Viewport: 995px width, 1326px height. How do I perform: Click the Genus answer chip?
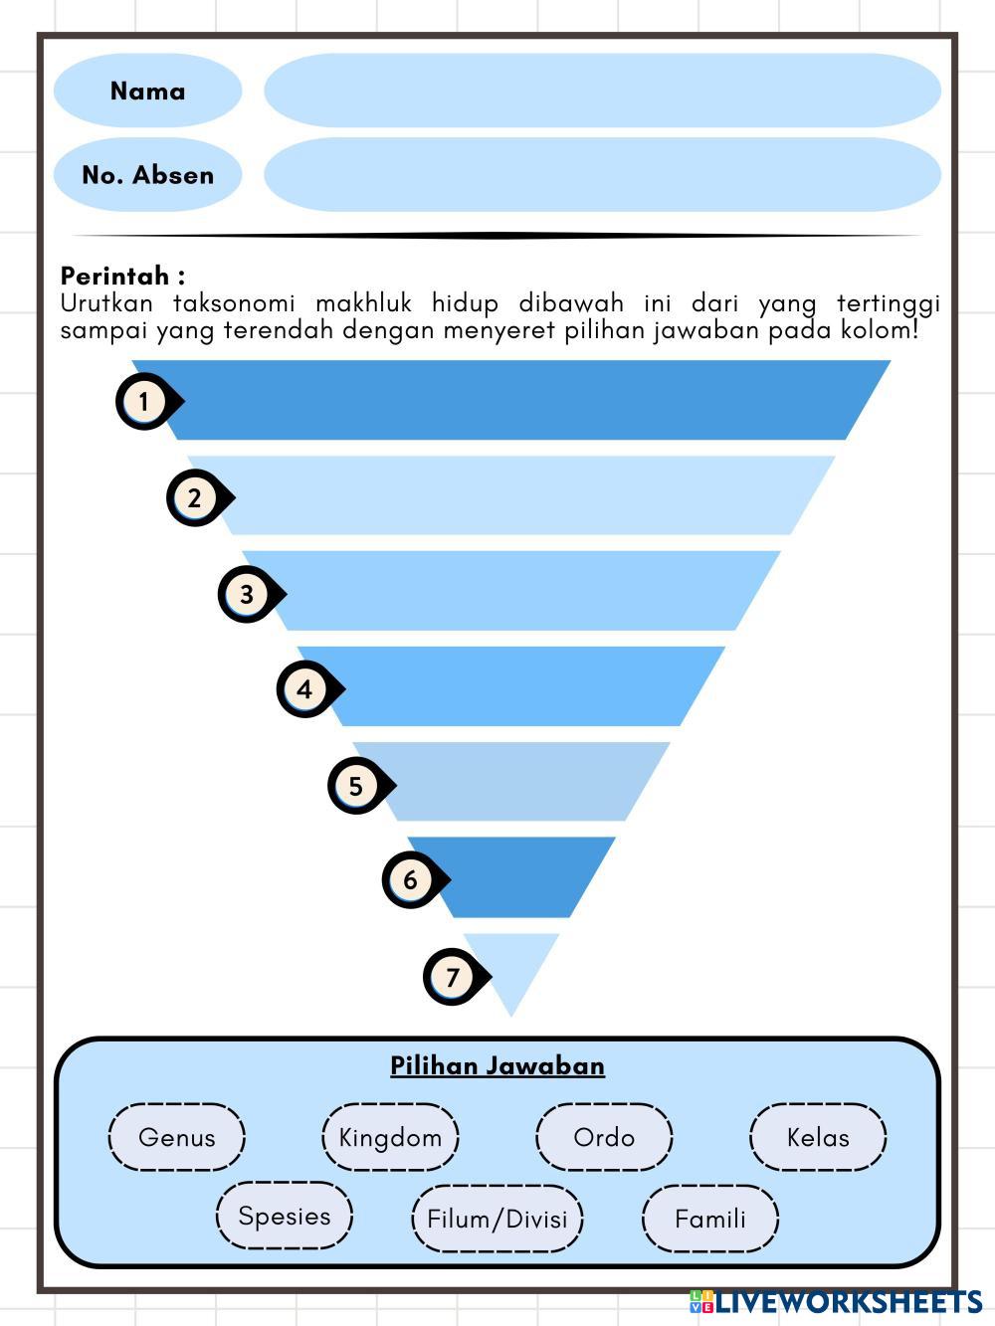pos(176,1137)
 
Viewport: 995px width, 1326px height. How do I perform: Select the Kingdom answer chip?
pos(390,1137)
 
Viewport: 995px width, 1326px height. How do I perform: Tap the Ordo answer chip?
pos(604,1137)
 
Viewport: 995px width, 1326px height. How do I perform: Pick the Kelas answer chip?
pos(817,1137)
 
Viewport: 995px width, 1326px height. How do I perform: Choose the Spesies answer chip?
pos(285,1216)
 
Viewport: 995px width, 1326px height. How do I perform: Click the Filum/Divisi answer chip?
pos(497,1219)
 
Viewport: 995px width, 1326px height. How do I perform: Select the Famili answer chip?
pos(709,1219)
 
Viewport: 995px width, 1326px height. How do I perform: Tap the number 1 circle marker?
pos(145,402)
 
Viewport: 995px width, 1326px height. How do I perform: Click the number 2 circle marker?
pos(195,497)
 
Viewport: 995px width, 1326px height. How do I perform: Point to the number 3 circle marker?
pos(247,594)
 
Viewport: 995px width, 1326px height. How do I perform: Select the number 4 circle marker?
pos(305,688)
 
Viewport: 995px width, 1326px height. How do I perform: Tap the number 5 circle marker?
pos(356,786)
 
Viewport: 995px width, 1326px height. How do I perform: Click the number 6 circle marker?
pos(410,879)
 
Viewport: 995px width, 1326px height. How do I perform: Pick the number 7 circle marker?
pos(453,977)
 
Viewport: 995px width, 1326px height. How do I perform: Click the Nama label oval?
pos(147,91)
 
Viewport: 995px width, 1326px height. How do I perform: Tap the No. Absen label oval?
pos(147,175)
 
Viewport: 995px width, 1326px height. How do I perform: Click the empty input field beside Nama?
pos(602,91)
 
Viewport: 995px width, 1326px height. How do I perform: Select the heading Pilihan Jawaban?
pos(497,1065)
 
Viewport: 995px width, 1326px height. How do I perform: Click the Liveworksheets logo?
pos(836,1302)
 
